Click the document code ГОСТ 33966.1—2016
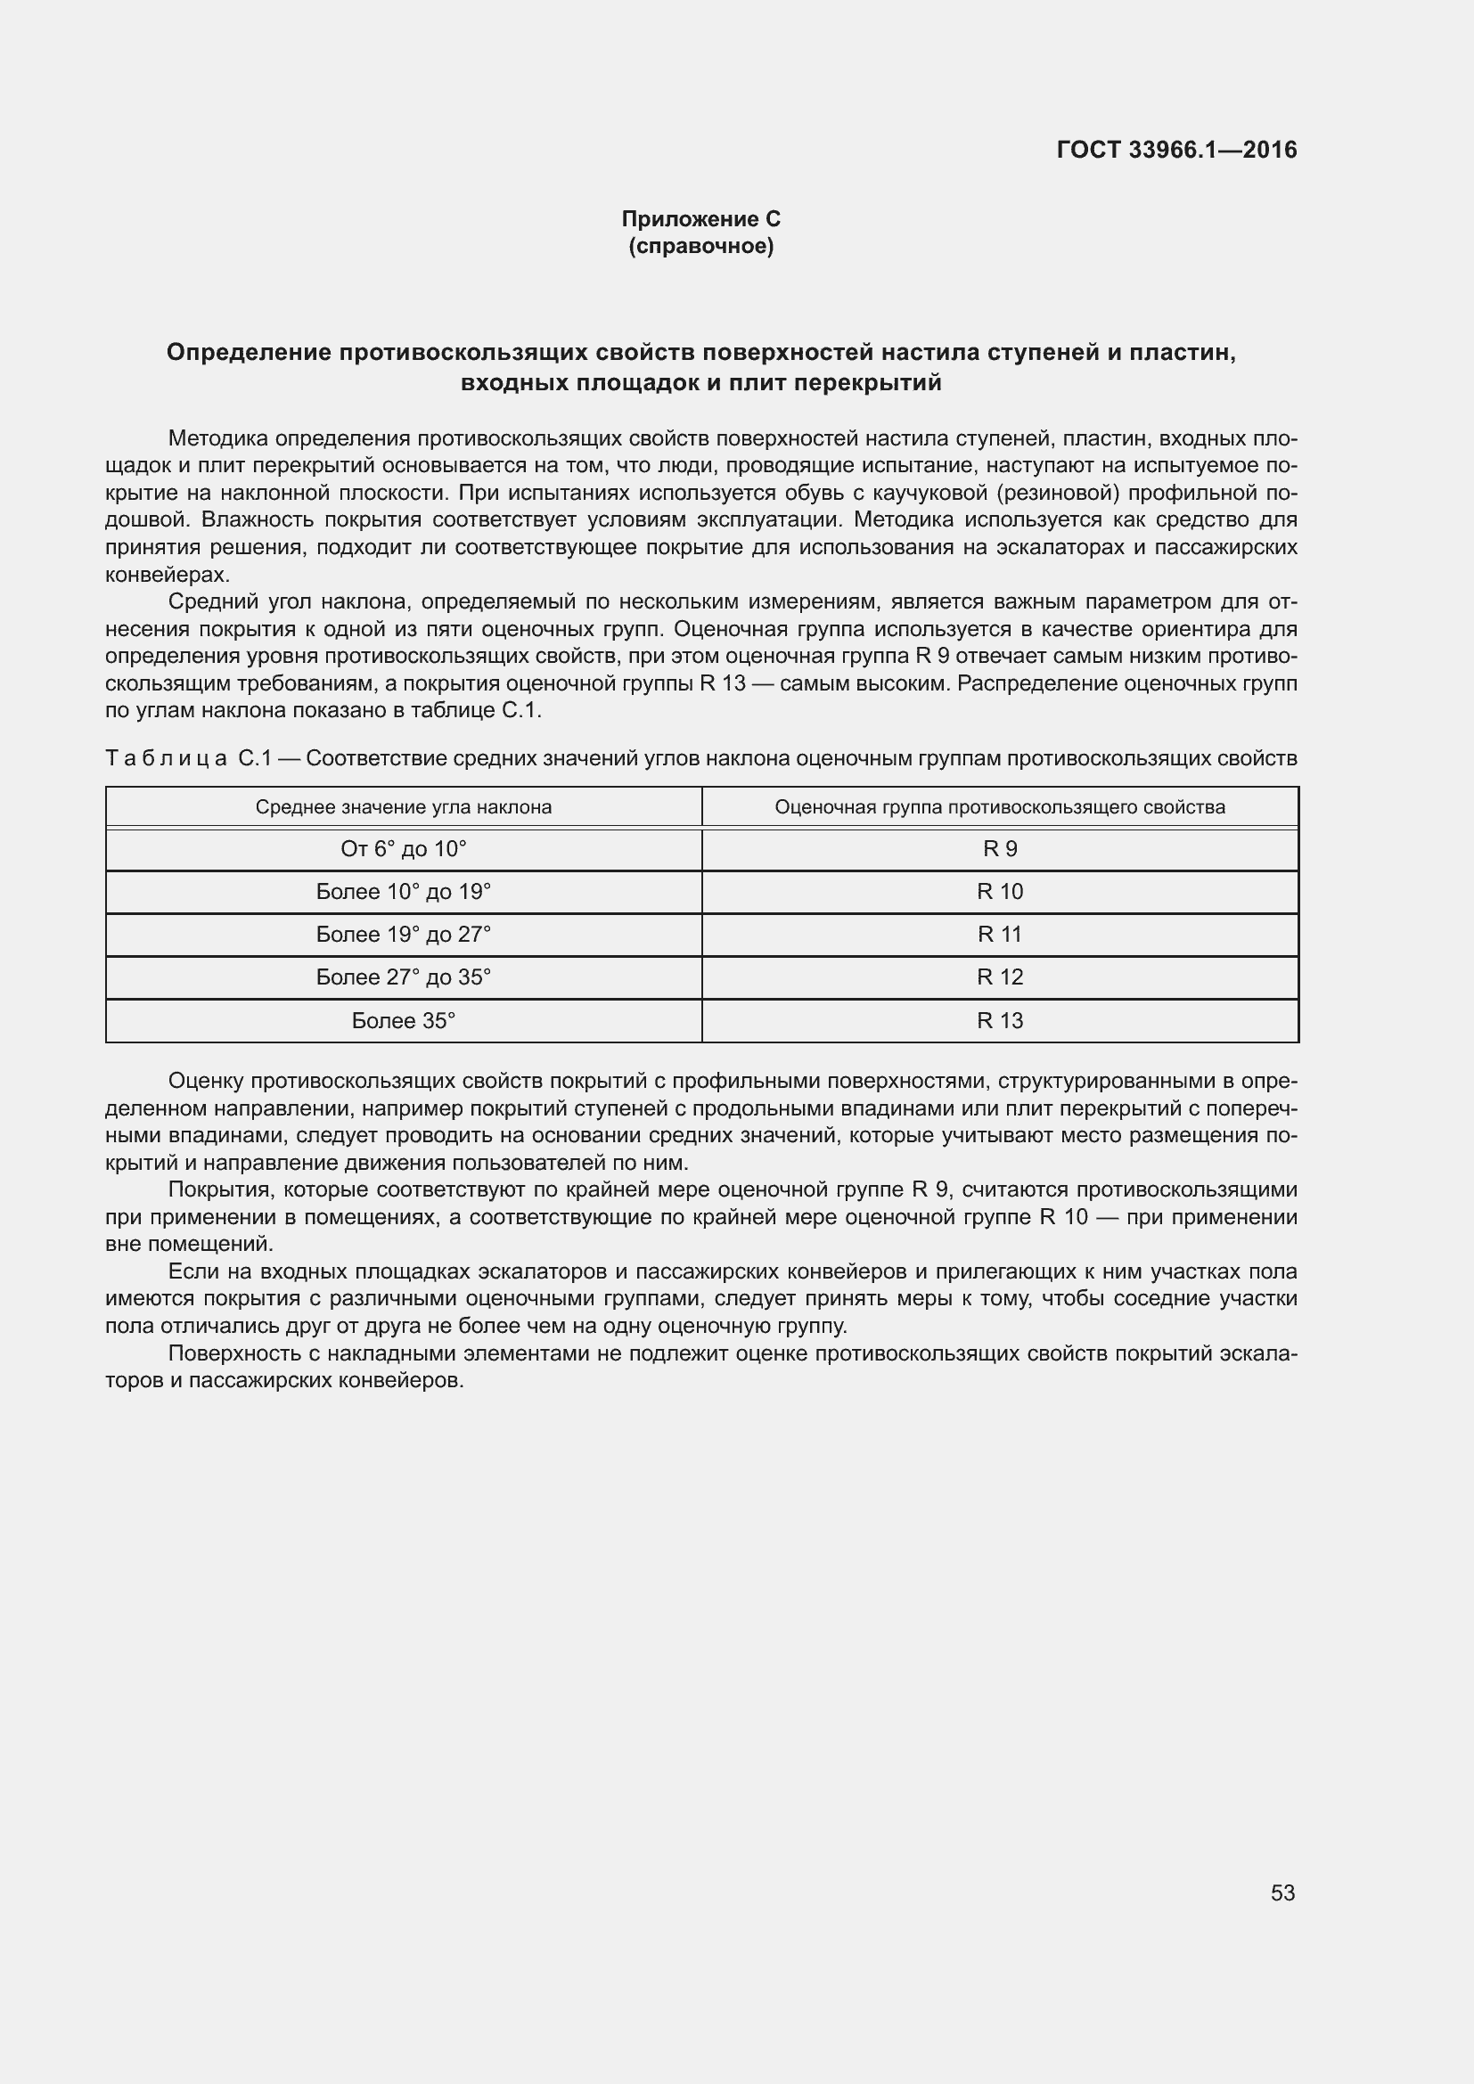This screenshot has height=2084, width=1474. tap(1176, 150)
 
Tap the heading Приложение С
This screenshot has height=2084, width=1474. tap(700, 219)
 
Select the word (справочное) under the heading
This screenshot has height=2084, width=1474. tap(700, 246)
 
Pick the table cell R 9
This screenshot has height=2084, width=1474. tap(999, 849)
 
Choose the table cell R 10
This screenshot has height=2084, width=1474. tap(999, 891)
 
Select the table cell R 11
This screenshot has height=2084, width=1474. tap(999, 934)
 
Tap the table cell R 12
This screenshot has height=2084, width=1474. tap(999, 977)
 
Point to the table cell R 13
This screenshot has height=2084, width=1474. tap(999, 1020)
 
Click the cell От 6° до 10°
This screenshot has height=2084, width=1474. tap(403, 849)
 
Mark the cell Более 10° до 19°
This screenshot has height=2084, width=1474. tap(403, 891)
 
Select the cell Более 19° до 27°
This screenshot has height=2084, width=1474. tap(403, 934)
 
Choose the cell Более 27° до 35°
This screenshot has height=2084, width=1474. tap(403, 977)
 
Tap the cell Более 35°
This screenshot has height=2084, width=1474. tap(403, 1020)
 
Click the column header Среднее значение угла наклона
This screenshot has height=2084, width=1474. tap(403, 807)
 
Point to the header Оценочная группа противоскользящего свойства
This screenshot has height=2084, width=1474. tap(999, 807)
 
